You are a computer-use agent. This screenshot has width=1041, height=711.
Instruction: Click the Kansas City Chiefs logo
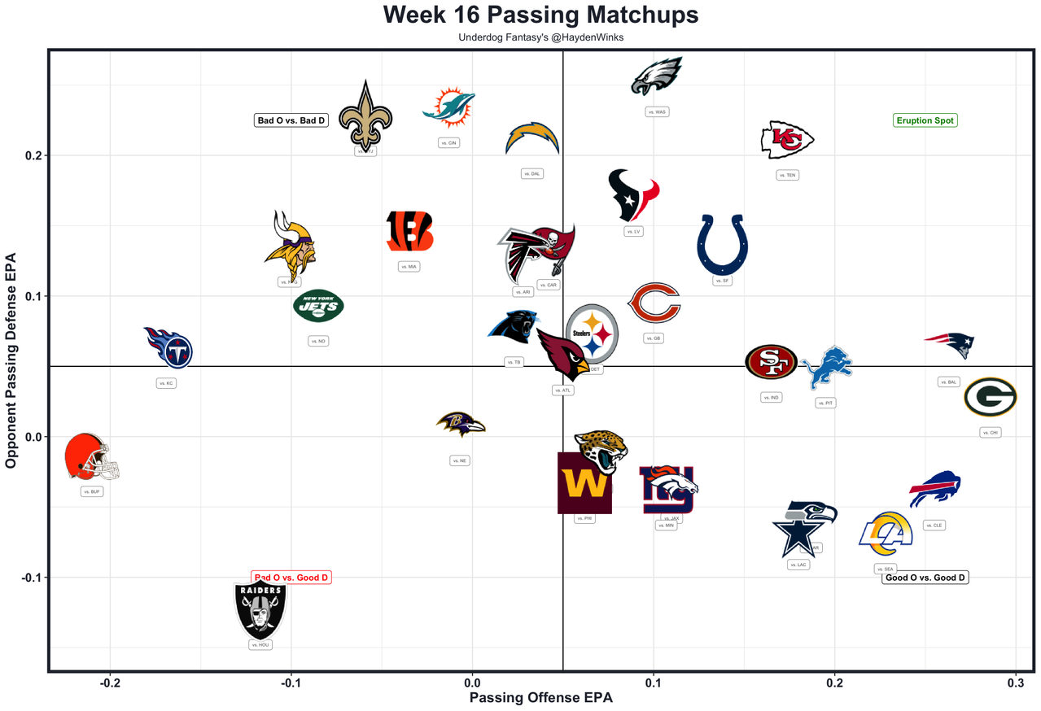tap(787, 140)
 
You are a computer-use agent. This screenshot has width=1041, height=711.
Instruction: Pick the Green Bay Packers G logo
tap(990, 398)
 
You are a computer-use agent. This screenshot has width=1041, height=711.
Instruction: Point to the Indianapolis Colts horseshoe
tap(721, 244)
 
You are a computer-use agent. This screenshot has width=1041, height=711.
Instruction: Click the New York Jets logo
tap(318, 307)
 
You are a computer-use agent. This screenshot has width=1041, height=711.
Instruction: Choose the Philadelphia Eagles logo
tap(657, 76)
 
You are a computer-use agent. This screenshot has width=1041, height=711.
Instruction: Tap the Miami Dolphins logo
tap(448, 108)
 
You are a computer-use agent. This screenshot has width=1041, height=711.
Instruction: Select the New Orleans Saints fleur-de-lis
tap(365, 117)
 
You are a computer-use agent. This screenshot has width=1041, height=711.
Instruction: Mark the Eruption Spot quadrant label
tap(925, 120)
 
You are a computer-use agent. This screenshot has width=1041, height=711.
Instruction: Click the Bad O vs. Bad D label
tap(291, 120)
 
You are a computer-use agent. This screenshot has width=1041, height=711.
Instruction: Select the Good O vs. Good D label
tap(925, 578)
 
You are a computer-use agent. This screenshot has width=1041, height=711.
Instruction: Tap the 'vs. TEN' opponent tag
tap(787, 175)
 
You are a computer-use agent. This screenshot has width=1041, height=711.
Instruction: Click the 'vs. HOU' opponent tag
tap(260, 644)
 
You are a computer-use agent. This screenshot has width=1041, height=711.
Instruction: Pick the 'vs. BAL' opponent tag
tap(948, 382)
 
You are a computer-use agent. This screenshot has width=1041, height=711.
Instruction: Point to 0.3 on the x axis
tap(1015, 683)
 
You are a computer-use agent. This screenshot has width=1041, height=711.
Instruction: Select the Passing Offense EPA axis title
tap(540, 698)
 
